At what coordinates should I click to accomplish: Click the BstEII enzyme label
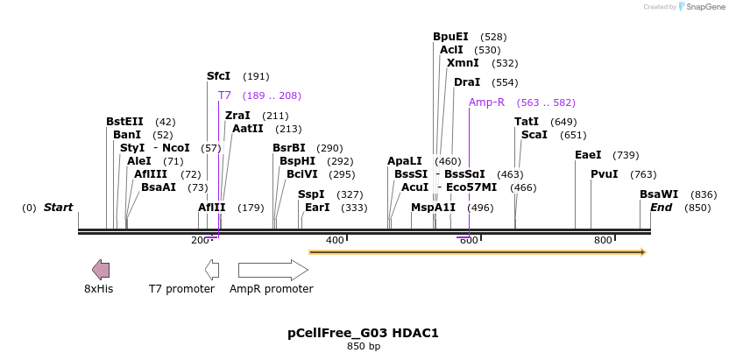coord(124,122)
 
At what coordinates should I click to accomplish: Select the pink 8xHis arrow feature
coord(101,269)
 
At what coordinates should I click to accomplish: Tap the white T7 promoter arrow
coord(211,269)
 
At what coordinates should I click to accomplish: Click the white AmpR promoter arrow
coord(272,269)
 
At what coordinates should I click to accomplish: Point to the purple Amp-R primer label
coord(486,102)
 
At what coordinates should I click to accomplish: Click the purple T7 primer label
coord(224,95)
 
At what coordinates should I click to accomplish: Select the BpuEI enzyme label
coord(450,37)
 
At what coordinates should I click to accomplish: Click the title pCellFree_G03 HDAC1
coord(363,333)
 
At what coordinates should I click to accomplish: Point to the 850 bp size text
coord(364,347)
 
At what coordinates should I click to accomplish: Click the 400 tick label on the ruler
coord(335,240)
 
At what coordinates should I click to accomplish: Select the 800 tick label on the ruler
coord(603,240)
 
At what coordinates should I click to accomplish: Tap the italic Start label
coord(58,208)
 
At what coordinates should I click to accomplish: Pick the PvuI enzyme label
coord(605,174)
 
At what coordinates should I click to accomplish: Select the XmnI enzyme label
coord(463,63)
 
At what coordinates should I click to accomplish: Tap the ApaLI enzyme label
coord(405,161)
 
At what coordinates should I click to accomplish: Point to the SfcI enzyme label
coord(218,76)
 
